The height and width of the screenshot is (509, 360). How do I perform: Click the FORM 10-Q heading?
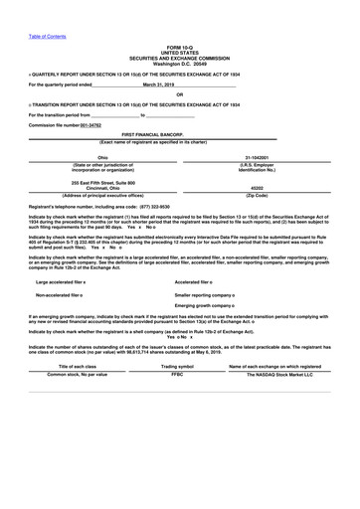(x=180, y=47)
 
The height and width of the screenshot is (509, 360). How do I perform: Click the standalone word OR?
(x=180, y=94)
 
